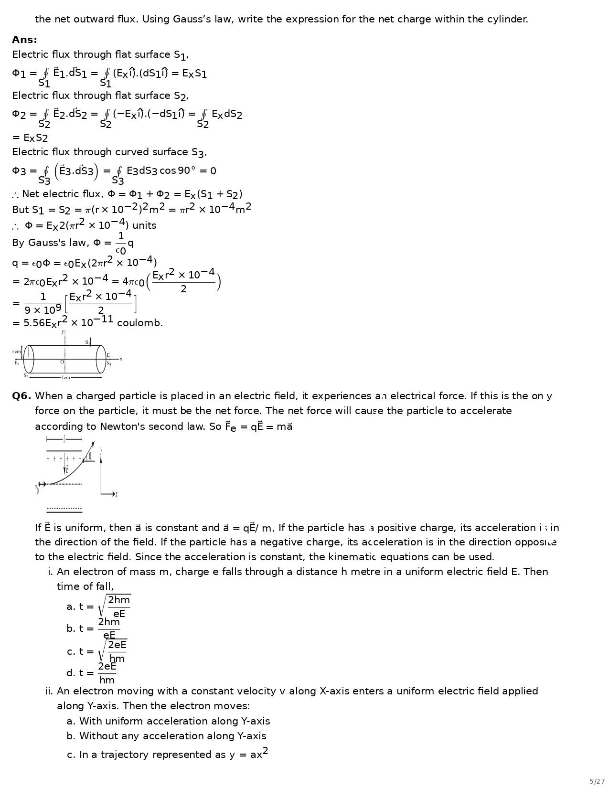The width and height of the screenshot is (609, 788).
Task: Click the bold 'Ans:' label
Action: (x=24, y=40)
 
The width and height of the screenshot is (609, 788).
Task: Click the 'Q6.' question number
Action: (x=21, y=396)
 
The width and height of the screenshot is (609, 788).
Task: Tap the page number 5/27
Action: (x=597, y=781)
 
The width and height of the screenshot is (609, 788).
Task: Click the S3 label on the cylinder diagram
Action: (x=87, y=342)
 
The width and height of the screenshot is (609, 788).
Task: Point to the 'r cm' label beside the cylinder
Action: (x=17, y=352)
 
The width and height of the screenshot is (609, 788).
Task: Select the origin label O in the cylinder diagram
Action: (x=62, y=362)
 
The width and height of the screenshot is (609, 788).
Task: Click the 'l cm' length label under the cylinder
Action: (x=66, y=378)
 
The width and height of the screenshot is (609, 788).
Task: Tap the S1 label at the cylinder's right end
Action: (x=109, y=364)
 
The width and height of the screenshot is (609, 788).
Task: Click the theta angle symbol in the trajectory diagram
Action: (x=90, y=456)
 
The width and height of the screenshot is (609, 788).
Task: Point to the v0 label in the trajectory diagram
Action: (x=37, y=489)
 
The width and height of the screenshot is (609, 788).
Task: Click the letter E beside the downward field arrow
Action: (x=67, y=469)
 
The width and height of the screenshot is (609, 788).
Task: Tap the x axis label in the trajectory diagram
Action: (x=116, y=495)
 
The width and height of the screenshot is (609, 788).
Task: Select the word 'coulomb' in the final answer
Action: (x=139, y=323)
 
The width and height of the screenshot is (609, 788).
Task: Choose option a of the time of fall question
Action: (x=98, y=607)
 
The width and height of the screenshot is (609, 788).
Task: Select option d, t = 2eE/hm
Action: (x=91, y=673)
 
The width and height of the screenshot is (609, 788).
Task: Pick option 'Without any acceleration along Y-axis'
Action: (x=166, y=736)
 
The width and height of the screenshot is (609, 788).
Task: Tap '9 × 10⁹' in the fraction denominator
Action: (x=43, y=310)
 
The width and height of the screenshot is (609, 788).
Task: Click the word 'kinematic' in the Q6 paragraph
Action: (x=355, y=557)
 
